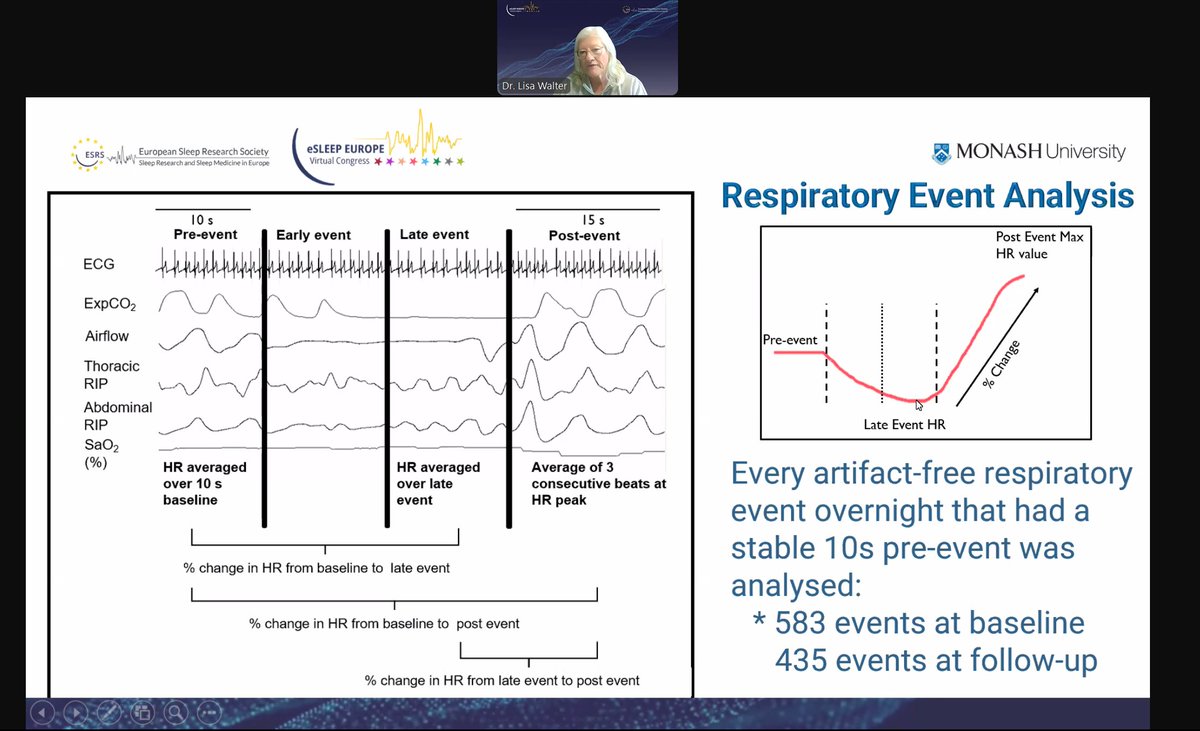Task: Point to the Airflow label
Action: (106, 336)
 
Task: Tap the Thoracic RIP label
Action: (112, 374)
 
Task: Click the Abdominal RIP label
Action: (118, 415)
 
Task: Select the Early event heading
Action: (314, 235)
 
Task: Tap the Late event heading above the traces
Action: (434, 235)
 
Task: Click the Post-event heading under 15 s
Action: (584, 235)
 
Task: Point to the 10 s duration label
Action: (203, 219)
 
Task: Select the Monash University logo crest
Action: (941, 152)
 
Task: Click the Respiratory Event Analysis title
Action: (927, 196)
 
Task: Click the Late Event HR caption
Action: (904, 425)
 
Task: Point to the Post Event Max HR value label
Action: (1039, 245)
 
